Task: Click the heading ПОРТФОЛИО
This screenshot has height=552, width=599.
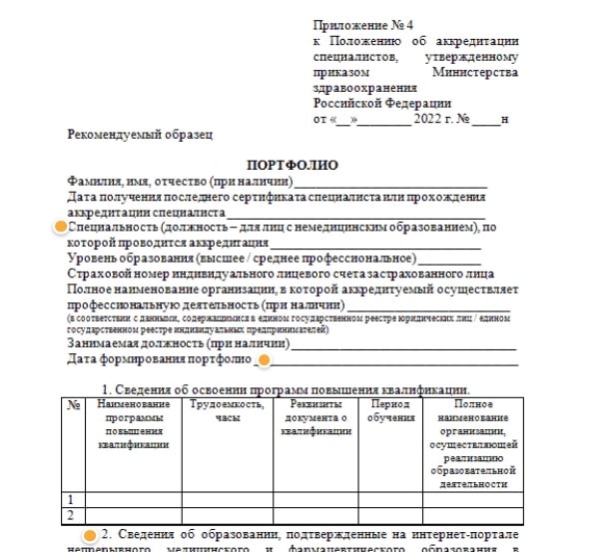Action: [292, 165]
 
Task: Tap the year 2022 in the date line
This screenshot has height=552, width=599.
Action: [424, 119]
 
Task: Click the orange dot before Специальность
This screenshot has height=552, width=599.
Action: [59, 228]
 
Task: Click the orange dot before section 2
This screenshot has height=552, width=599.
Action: [90, 534]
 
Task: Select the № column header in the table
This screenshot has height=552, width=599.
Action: [74, 405]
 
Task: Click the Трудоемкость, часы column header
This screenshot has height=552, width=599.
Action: [227, 411]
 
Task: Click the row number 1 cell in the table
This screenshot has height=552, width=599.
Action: [71, 498]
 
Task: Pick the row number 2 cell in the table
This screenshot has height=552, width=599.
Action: [71, 515]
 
